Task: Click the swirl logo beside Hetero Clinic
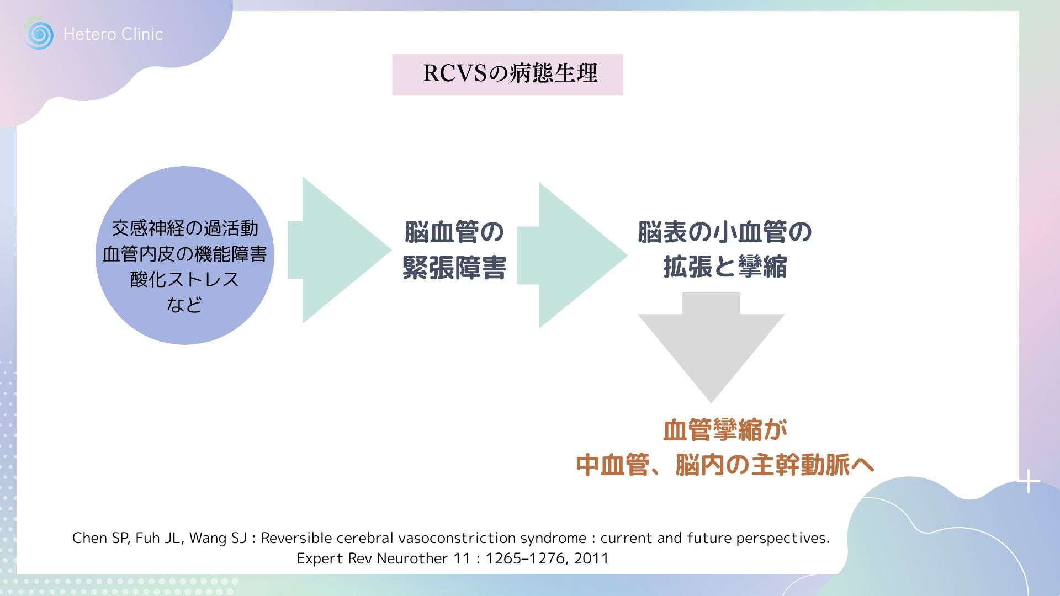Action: [x=39, y=34]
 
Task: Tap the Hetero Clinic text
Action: [x=113, y=34]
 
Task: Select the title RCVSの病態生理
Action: [x=507, y=74]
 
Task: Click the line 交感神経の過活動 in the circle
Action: [x=185, y=228]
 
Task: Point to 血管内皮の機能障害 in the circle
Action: [x=185, y=254]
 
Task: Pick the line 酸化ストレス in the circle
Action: [x=185, y=279]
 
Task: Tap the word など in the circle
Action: [x=185, y=305]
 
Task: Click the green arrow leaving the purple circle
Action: [x=337, y=250]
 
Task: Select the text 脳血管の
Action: [x=454, y=232]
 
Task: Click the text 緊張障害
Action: [x=454, y=268]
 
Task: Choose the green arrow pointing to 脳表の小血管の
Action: [x=571, y=256]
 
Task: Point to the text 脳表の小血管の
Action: [x=725, y=232]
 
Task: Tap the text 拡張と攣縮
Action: [x=725, y=267]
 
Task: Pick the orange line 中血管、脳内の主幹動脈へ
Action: [x=725, y=465]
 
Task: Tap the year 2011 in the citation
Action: [x=591, y=558]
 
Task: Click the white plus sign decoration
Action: [x=1029, y=482]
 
